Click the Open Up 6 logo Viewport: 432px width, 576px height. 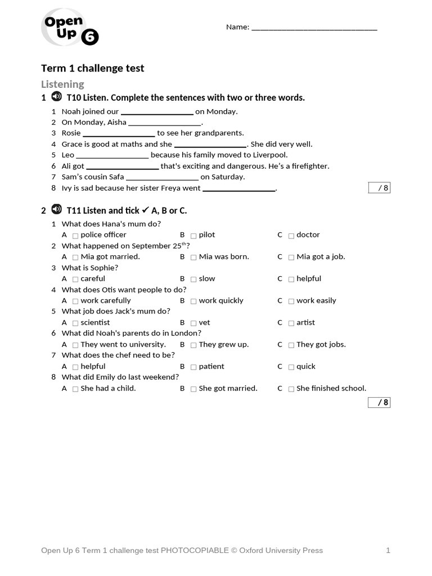69,28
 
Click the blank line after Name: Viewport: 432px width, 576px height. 314,28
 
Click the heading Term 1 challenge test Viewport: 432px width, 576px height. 92,68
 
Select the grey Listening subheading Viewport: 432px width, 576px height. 62,84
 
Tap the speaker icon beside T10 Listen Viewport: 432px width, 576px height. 56,97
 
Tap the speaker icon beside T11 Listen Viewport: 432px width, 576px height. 56,210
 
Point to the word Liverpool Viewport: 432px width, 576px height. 268,155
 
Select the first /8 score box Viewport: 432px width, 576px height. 379,188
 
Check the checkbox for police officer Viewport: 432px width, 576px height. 75,236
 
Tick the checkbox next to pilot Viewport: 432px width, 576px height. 193,236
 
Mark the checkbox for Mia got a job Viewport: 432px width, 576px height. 291,258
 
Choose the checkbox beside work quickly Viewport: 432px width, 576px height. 193,301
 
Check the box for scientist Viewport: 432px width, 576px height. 75,323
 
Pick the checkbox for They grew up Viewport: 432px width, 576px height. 193,345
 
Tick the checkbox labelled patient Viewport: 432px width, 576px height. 193,367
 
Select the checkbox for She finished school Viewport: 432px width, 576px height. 291,389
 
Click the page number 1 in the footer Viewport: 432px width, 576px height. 388,551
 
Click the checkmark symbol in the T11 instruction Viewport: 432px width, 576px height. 145,210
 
